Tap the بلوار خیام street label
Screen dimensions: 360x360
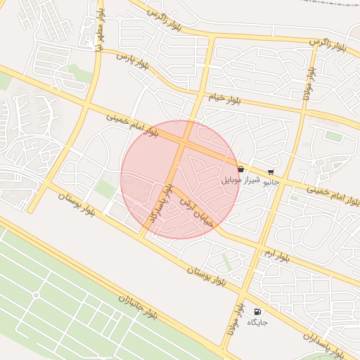tap(224, 98)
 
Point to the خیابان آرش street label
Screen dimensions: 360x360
tap(195, 202)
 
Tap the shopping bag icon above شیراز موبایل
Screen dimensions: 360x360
tap(241, 169)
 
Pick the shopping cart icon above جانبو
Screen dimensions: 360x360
tap(271, 172)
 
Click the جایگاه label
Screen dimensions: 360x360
tap(256, 322)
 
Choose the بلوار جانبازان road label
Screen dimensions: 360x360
tap(138, 309)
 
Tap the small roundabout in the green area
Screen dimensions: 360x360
tap(36, 295)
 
